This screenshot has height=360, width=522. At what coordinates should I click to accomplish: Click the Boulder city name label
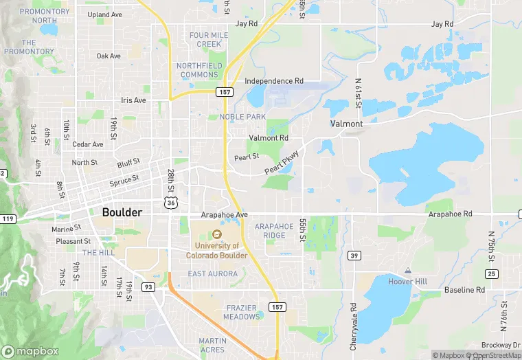click(x=122, y=212)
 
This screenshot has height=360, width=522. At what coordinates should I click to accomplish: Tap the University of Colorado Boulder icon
click(x=217, y=236)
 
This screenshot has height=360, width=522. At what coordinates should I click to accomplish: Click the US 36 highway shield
click(x=170, y=202)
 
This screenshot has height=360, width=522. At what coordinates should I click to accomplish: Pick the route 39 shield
click(x=353, y=256)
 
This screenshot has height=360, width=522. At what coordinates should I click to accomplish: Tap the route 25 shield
click(x=490, y=274)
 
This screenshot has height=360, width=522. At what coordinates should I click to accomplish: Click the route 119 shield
click(x=8, y=218)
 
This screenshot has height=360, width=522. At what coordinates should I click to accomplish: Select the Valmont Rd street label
click(x=269, y=137)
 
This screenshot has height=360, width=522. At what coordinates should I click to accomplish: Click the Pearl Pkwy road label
click(x=282, y=161)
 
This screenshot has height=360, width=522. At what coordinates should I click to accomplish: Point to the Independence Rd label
click(x=274, y=80)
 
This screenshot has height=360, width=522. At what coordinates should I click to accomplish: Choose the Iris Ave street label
click(x=133, y=100)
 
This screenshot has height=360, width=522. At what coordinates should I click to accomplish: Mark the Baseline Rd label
click(x=464, y=290)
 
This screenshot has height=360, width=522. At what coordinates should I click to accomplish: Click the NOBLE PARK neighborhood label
click(x=242, y=117)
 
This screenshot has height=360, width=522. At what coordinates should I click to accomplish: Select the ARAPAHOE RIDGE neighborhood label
click(x=274, y=230)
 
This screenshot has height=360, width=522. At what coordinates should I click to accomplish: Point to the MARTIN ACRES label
click(x=212, y=345)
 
